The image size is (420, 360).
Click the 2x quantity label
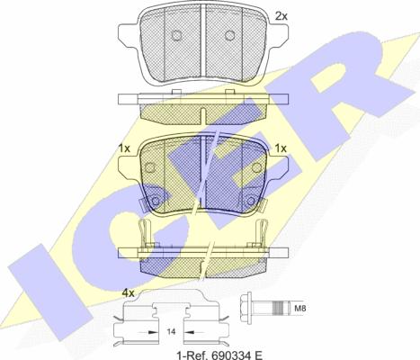tap(281, 16)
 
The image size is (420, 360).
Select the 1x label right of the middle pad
tap(280, 148)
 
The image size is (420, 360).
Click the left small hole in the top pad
tap(177, 37)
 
